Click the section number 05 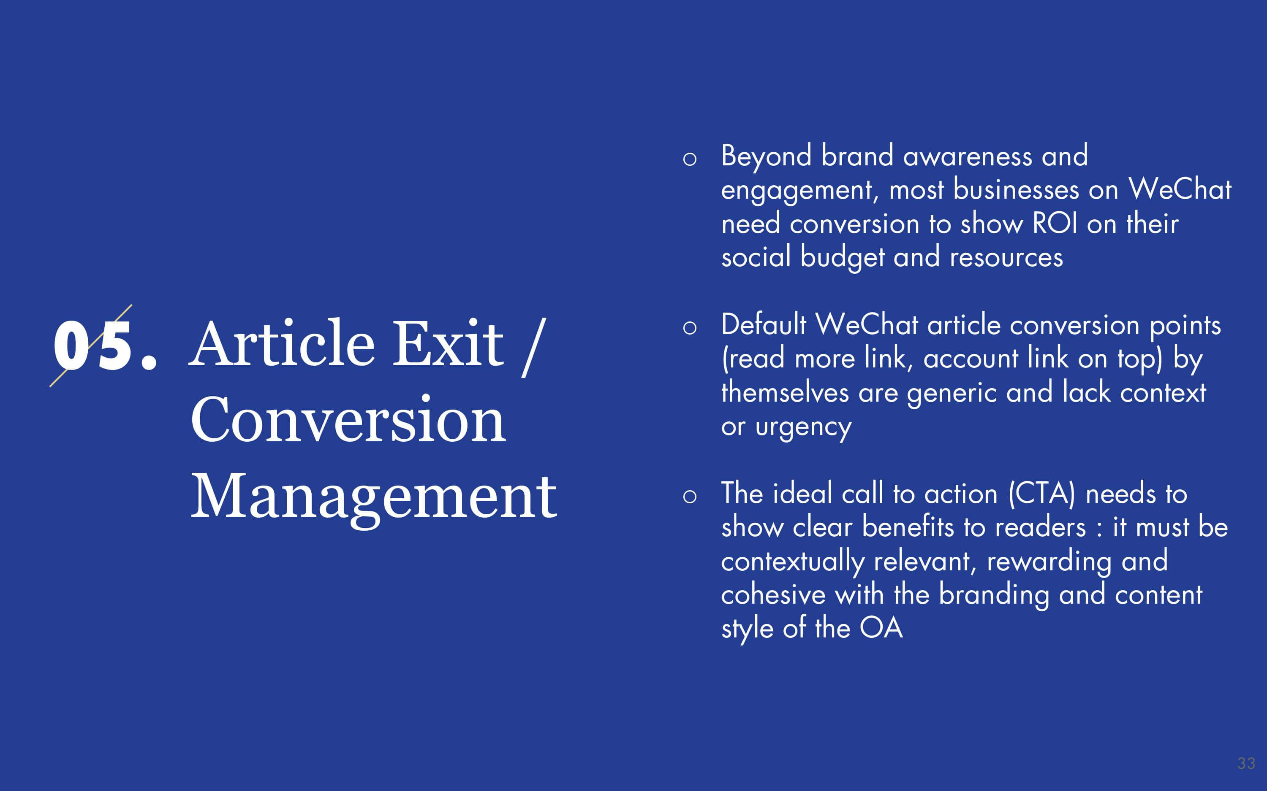105,345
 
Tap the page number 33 1246,763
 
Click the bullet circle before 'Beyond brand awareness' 690,159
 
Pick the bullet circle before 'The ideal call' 690,497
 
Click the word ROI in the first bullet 1055,224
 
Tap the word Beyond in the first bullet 767,157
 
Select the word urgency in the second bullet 804,428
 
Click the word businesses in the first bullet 1016,189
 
